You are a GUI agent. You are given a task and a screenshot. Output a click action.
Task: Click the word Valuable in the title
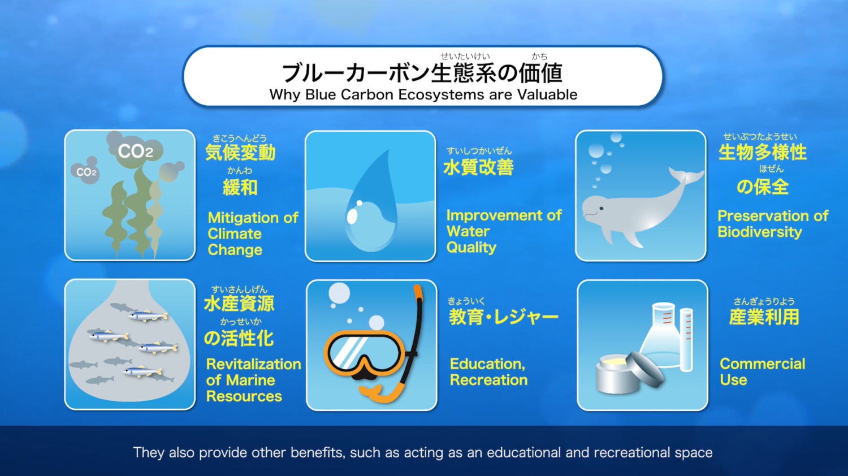pyautogui.click(x=547, y=94)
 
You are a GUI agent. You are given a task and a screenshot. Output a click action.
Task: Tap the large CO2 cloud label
pyautogui.click(x=135, y=152)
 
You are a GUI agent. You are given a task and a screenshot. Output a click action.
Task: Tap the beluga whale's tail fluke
pyautogui.click(x=686, y=176)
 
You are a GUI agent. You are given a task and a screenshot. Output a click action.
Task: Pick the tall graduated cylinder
pyautogui.click(x=686, y=340)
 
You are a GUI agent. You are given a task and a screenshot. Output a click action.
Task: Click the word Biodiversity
pyautogui.click(x=759, y=232)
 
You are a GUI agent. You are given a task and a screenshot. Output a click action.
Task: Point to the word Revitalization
pyautogui.click(x=254, y=364)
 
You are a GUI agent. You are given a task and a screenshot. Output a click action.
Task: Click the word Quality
pyautogui.click(x=471, y=248)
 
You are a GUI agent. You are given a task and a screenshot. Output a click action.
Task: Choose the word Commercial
pyautogui.click(x=763, y=364)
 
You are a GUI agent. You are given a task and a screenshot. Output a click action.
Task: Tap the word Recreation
pyautogui.click(x=489, y=380)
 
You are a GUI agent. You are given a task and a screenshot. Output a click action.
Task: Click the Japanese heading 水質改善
pyautogui.click(x=478, y=167)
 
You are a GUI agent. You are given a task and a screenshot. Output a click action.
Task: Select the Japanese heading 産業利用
pyautogui.click(x=764, y=317)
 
